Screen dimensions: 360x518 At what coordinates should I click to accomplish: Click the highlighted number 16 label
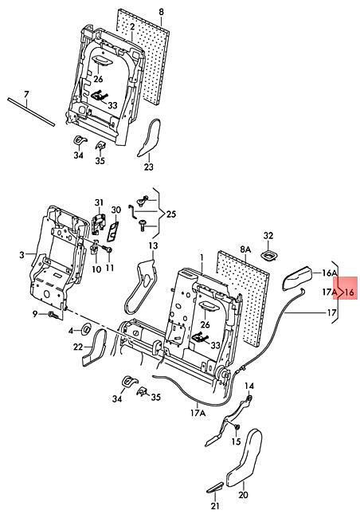pos(349,292)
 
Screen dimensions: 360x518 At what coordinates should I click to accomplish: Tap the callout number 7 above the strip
pos(26,95)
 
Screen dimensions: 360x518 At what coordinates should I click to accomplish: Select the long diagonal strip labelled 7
pos(31,112)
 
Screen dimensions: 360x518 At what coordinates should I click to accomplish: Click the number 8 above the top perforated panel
pos(161,12)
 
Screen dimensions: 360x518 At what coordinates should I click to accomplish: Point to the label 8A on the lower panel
pos(245,249)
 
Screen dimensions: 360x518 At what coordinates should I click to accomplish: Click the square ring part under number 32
pos(269,256)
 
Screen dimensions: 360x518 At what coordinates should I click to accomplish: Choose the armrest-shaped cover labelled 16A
pos(297,278)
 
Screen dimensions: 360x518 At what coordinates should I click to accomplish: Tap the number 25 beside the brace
pos(171,214)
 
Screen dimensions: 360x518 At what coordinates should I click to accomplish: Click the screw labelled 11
pos(108,249)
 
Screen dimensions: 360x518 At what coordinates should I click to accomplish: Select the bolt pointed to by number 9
pos(53,316)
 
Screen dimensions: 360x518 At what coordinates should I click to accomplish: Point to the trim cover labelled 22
pos(94,348)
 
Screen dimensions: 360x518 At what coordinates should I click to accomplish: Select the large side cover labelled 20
pos(244,457)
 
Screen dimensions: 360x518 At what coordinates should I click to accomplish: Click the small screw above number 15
pos(237,427)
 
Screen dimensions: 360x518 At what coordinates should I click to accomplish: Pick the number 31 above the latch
pos(99,202)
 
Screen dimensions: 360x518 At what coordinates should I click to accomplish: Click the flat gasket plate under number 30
pos(113,232)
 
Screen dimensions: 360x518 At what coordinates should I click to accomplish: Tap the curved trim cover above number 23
pos(149,138)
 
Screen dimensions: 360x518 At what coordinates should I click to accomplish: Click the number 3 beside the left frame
pos(22,255)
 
